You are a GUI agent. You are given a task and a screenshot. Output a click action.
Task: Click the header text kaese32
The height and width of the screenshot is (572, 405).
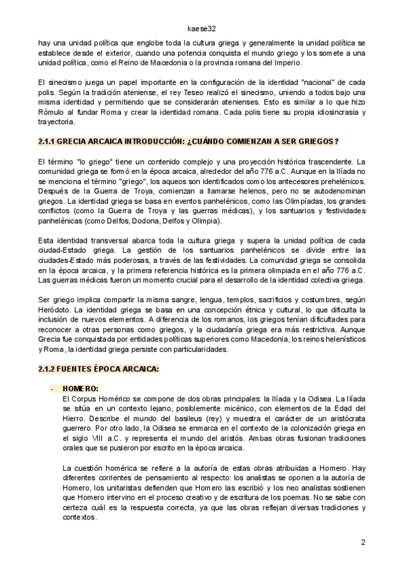pos(202,29)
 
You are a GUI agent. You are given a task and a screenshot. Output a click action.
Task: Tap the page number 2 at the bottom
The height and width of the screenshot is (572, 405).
pos(363,542)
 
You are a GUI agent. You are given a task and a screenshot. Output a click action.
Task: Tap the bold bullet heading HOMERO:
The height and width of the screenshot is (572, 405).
pos(80,389)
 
